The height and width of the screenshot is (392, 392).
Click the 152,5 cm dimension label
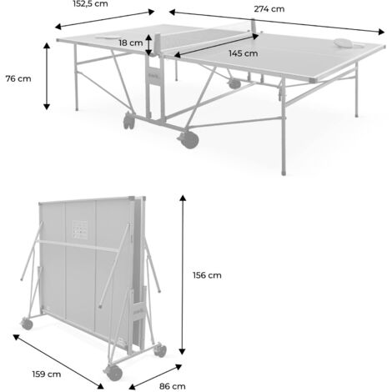point(90,4)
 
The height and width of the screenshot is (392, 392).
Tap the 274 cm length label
point(269,9)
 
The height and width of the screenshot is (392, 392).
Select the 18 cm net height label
point(131,43)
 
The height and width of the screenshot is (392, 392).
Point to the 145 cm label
point(244,53)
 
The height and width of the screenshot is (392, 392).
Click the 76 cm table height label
point(18,78)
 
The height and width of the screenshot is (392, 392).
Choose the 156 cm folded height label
point(207,275)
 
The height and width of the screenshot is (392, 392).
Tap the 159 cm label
point(47,374)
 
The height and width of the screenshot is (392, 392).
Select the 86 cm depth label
point(173,386)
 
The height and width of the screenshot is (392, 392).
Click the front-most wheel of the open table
point(189,140)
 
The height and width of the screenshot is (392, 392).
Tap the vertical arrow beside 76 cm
point(47,76)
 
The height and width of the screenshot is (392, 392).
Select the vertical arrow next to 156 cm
point(183,274)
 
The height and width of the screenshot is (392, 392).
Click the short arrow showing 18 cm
point(149,45)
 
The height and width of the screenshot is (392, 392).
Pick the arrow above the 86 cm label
point(155,377)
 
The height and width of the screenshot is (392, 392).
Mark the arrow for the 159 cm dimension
point(58,361)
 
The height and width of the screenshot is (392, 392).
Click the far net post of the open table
point(254,25)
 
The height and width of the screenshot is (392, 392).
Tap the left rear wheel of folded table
point(27,324)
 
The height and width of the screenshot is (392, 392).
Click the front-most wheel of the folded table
point(113,373)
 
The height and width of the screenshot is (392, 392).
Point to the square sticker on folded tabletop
point(79,229)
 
